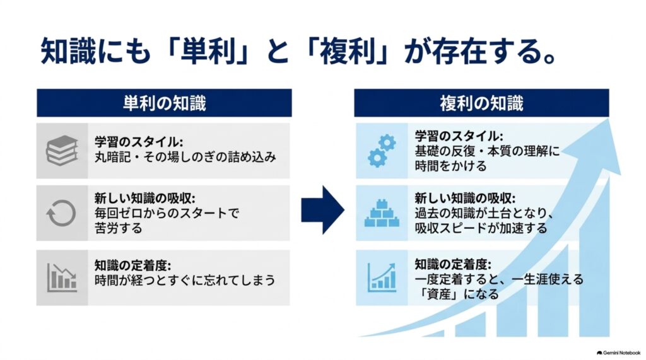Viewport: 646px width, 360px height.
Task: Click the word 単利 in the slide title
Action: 208,51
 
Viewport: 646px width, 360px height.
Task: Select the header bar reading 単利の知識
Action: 164,103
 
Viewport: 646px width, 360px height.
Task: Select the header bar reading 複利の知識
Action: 481,103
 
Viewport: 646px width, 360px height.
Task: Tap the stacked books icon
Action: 62,150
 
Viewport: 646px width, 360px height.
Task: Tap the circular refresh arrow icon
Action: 61,213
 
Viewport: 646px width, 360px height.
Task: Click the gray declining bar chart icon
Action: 62,277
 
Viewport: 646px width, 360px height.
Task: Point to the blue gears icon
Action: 382,151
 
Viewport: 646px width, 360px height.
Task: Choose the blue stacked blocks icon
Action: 382,213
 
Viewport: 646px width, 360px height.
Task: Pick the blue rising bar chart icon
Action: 382,277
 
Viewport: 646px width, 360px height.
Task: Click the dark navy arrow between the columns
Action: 322,210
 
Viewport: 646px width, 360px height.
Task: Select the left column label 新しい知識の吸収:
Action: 144,198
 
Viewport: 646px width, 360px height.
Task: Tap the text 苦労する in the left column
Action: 118,228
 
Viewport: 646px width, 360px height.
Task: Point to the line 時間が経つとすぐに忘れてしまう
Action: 185,280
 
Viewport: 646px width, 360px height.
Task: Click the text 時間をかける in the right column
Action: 450,166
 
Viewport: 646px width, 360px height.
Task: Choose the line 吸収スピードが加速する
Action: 481,228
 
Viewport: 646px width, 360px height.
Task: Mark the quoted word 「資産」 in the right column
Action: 436,294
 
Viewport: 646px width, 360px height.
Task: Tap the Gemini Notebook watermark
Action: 618,353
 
